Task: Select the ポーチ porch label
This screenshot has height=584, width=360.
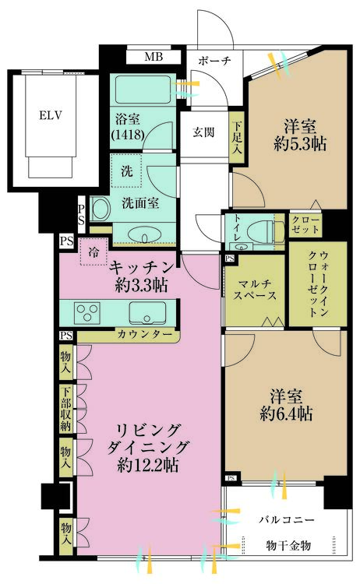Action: [213, 61]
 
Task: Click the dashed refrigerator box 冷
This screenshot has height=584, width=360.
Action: [94, 252]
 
